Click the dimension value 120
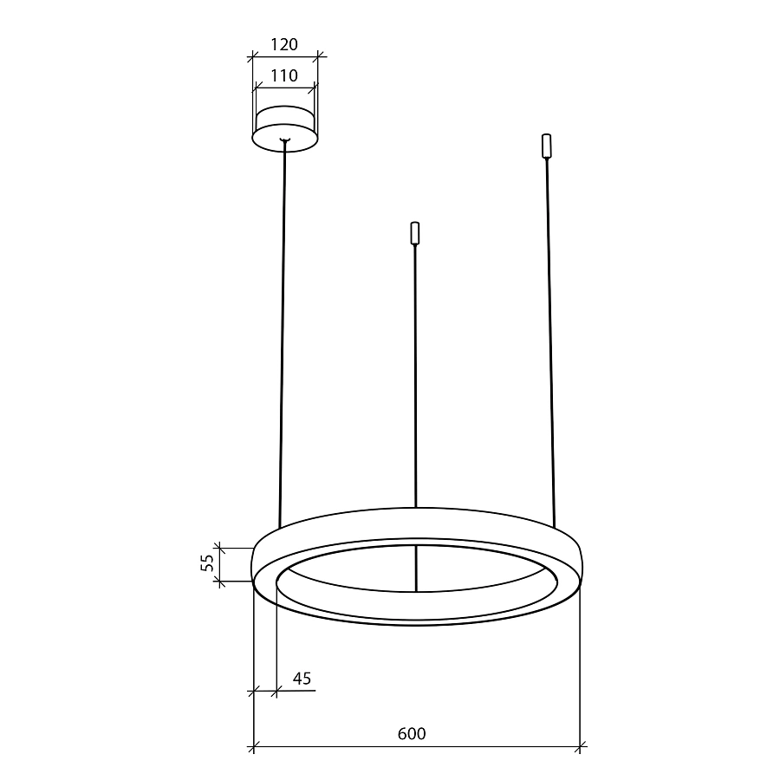click(x=283, y=45)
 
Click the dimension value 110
click(x=283, y=75)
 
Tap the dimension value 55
click(x=206, y=563)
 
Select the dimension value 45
click(x=302, y=679)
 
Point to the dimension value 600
click(x=412, y=734)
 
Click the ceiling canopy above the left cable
click(x=284, y=126)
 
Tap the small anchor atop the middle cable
click(x=415, y=234)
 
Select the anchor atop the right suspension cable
click(x=546, y=146)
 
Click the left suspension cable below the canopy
click(x=283, y=329)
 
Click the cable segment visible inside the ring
click(x=416, y=569)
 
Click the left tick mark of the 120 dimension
click(x=251, y=58)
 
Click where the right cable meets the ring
click(x=553, y=525)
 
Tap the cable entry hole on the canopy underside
click(x=284, y=140)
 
